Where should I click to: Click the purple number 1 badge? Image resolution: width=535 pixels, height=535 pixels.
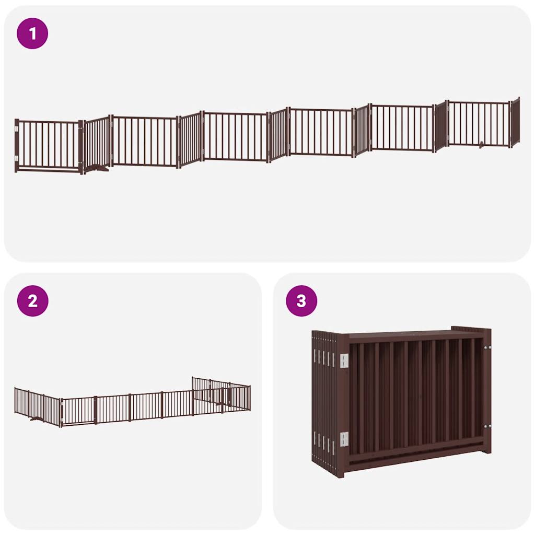click(x=32, y=34)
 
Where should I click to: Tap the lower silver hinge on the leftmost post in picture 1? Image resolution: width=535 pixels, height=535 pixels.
click(x=17, y=157)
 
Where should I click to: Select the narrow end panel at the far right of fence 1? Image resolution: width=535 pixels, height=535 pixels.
click(x=515, y=122)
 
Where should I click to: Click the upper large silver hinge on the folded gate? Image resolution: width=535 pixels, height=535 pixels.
click(x=344, y=360)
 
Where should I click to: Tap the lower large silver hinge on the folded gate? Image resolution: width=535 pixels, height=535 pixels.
click(x=344, y=439)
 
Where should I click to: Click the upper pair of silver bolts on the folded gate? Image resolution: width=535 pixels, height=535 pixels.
click(x=489, y=347)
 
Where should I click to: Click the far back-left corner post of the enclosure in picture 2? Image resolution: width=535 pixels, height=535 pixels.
click(x=193, y=384)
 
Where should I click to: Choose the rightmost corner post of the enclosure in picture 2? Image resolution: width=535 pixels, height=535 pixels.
click(x=249, y=398)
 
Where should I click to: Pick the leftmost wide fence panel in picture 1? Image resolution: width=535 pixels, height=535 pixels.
click(x=48, y=145)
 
